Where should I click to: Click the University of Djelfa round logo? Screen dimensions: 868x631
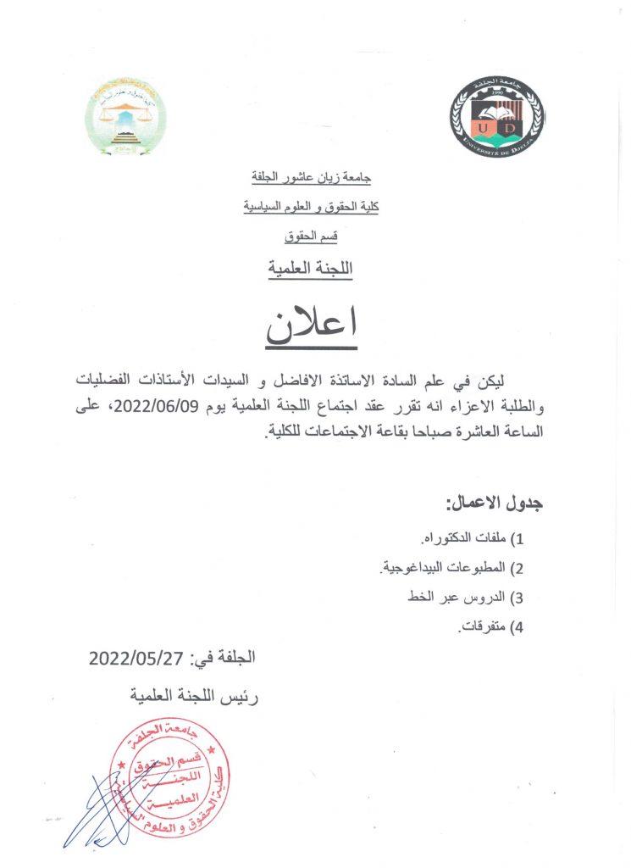pos(496,116)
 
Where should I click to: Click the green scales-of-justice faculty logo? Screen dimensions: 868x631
pos(126,116)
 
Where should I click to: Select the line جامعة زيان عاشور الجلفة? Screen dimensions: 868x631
pos(312,180)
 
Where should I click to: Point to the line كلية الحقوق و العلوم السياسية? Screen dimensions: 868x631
pos(311,206)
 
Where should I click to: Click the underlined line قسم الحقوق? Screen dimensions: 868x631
pos(312,235)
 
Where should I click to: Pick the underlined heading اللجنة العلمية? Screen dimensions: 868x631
pos(311,268)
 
